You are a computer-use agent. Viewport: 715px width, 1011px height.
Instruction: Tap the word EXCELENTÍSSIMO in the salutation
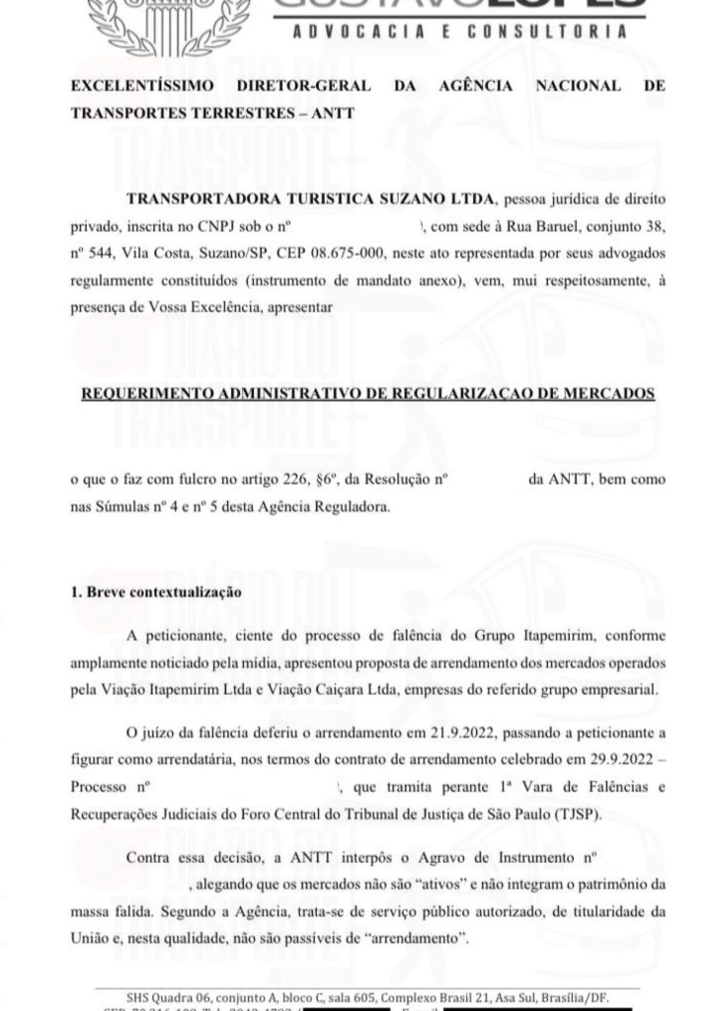(146, 86)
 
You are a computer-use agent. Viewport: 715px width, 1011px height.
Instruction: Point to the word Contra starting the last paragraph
(148, 854)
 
